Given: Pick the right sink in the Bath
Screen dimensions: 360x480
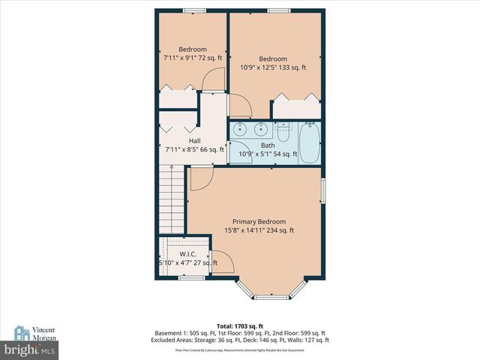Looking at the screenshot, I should pos(259,128).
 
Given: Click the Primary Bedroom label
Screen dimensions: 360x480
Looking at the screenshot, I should pos(258,221).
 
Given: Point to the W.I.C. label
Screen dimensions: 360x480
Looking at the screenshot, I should pos(187,252).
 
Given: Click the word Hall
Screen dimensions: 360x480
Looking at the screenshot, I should pos(194,140).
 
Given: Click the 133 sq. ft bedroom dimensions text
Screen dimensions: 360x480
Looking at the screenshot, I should pos(273,67).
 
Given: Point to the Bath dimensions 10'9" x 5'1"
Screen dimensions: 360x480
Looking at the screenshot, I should pos(268,154).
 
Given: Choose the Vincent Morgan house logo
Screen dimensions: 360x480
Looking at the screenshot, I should pos(23,332).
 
